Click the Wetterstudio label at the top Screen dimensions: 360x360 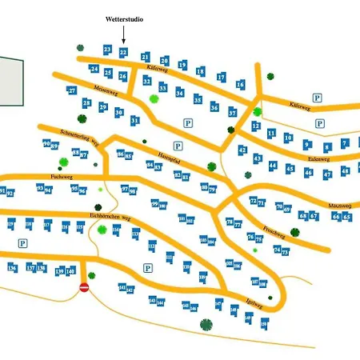(124, 18)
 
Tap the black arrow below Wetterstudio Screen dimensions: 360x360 (124, 34)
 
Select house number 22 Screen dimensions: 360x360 (123, 52)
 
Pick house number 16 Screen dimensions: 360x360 (240, 84)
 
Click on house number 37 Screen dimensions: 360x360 (232, 113)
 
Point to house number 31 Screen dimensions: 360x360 (135, 120)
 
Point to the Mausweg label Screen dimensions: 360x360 (342, 206)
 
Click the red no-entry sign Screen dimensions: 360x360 (85, 286)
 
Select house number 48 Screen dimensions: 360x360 (346, 170)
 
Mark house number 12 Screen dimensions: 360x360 (256, 126)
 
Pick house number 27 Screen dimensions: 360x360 (72, 91)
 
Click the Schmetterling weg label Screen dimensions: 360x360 (78, 136)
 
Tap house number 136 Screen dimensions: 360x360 (12, 268)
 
